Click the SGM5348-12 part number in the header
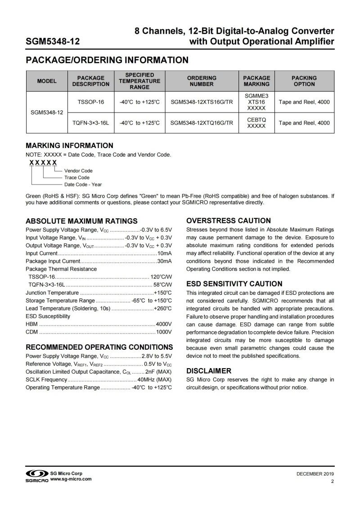[x=53, y=42]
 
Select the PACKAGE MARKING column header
[x=256, y=81]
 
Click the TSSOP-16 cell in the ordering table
[x=90, y=102]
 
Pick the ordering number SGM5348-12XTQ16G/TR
[x=202, y=123]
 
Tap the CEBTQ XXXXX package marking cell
[x=256, y=123]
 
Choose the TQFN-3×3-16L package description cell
[x=90, y=123]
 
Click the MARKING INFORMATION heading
[x=69, y=146]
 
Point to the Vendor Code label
[x=78, y=171]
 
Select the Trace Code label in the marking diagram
[x=77, y=177]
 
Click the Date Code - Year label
[x=83, y=184]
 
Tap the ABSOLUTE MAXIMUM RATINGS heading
[x=81, y=221]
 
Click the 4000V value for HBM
[x=164, y=324]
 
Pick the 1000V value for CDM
[x=164, y=332]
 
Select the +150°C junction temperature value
[x=163, y=293]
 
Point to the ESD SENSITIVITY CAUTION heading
[x=234, y=284]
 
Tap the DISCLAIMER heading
[x=209, y=371]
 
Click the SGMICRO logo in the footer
[x=37, y=476]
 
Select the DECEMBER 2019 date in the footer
[x=315, y=474]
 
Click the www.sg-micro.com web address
[x=71, y=479]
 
